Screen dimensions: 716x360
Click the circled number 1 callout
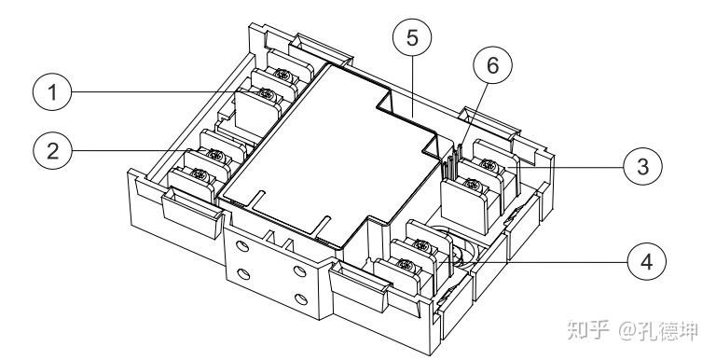(x=52, y=91)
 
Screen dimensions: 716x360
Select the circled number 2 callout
(x=52, y=150)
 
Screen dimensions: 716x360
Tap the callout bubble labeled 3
(x=642, y=167)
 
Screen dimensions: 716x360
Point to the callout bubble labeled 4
(x=647, y=262)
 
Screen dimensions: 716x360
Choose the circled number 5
(x=412, y=37)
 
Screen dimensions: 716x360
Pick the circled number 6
(x=492, y=65)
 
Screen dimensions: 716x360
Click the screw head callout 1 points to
(x=267, y=95)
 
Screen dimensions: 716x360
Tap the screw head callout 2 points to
(x=215, y=156)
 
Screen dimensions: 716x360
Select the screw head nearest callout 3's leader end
(x=489, y=165)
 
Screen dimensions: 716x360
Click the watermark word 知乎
(x=588, y=329)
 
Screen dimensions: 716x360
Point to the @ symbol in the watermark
(x=628, y=330)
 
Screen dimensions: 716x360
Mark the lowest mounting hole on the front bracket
(x=301, y=299)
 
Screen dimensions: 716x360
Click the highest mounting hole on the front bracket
(x=243, y=247)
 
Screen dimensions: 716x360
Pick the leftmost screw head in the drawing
(x=200, y=173)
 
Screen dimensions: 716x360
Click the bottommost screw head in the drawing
(x=404, y=264)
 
